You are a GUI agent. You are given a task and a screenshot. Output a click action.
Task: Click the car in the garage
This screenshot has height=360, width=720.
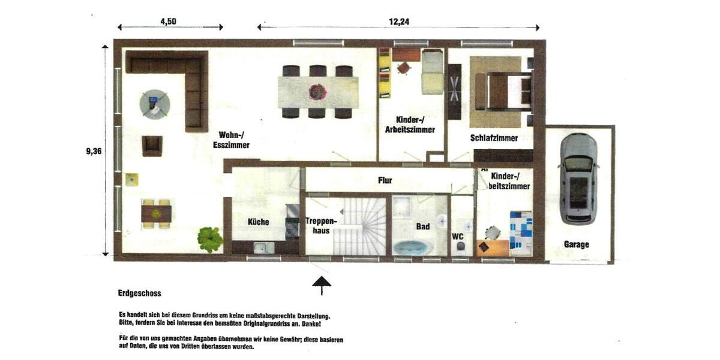point(578,178)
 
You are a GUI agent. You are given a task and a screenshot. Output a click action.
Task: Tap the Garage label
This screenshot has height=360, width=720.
point(576,244)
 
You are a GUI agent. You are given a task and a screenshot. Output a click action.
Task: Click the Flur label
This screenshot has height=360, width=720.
point(385,180)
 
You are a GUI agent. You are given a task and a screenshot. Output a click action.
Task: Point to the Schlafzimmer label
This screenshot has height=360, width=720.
point(494,138)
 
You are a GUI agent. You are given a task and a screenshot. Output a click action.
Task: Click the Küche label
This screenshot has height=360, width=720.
point(259,222)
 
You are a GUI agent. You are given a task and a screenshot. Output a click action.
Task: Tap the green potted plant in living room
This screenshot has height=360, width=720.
point(210,239)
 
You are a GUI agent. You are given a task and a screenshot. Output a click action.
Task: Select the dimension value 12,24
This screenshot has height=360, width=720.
point(398,22)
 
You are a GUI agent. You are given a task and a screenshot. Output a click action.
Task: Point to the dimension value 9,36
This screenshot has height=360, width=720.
point(94,151)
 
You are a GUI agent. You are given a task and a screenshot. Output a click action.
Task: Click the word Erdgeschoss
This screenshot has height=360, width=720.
point(140,293)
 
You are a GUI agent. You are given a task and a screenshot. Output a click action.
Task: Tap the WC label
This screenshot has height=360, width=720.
point(458,236)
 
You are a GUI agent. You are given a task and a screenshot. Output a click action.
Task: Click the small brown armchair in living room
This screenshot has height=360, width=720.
point(152,145)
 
